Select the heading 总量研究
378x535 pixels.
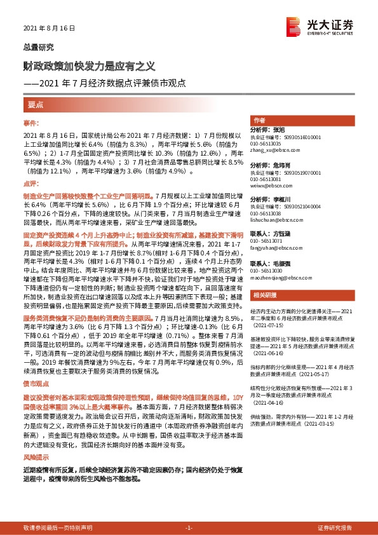point(38,47)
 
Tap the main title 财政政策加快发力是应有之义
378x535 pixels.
point(88,66)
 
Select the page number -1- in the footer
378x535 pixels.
point(188,528)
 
